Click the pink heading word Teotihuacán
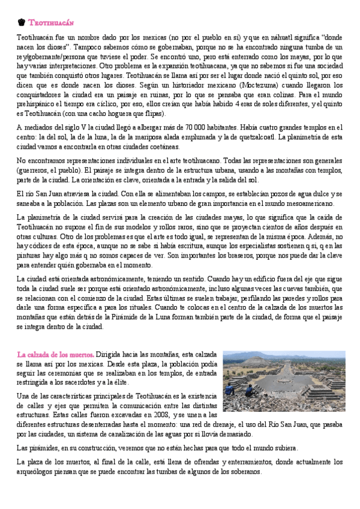click(x=51, y=23)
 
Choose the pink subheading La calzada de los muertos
click(x=55, y=355)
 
